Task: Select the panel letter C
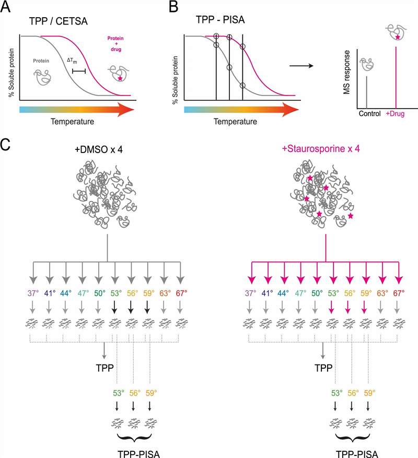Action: (6, 145)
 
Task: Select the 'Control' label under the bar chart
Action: (370, 113)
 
